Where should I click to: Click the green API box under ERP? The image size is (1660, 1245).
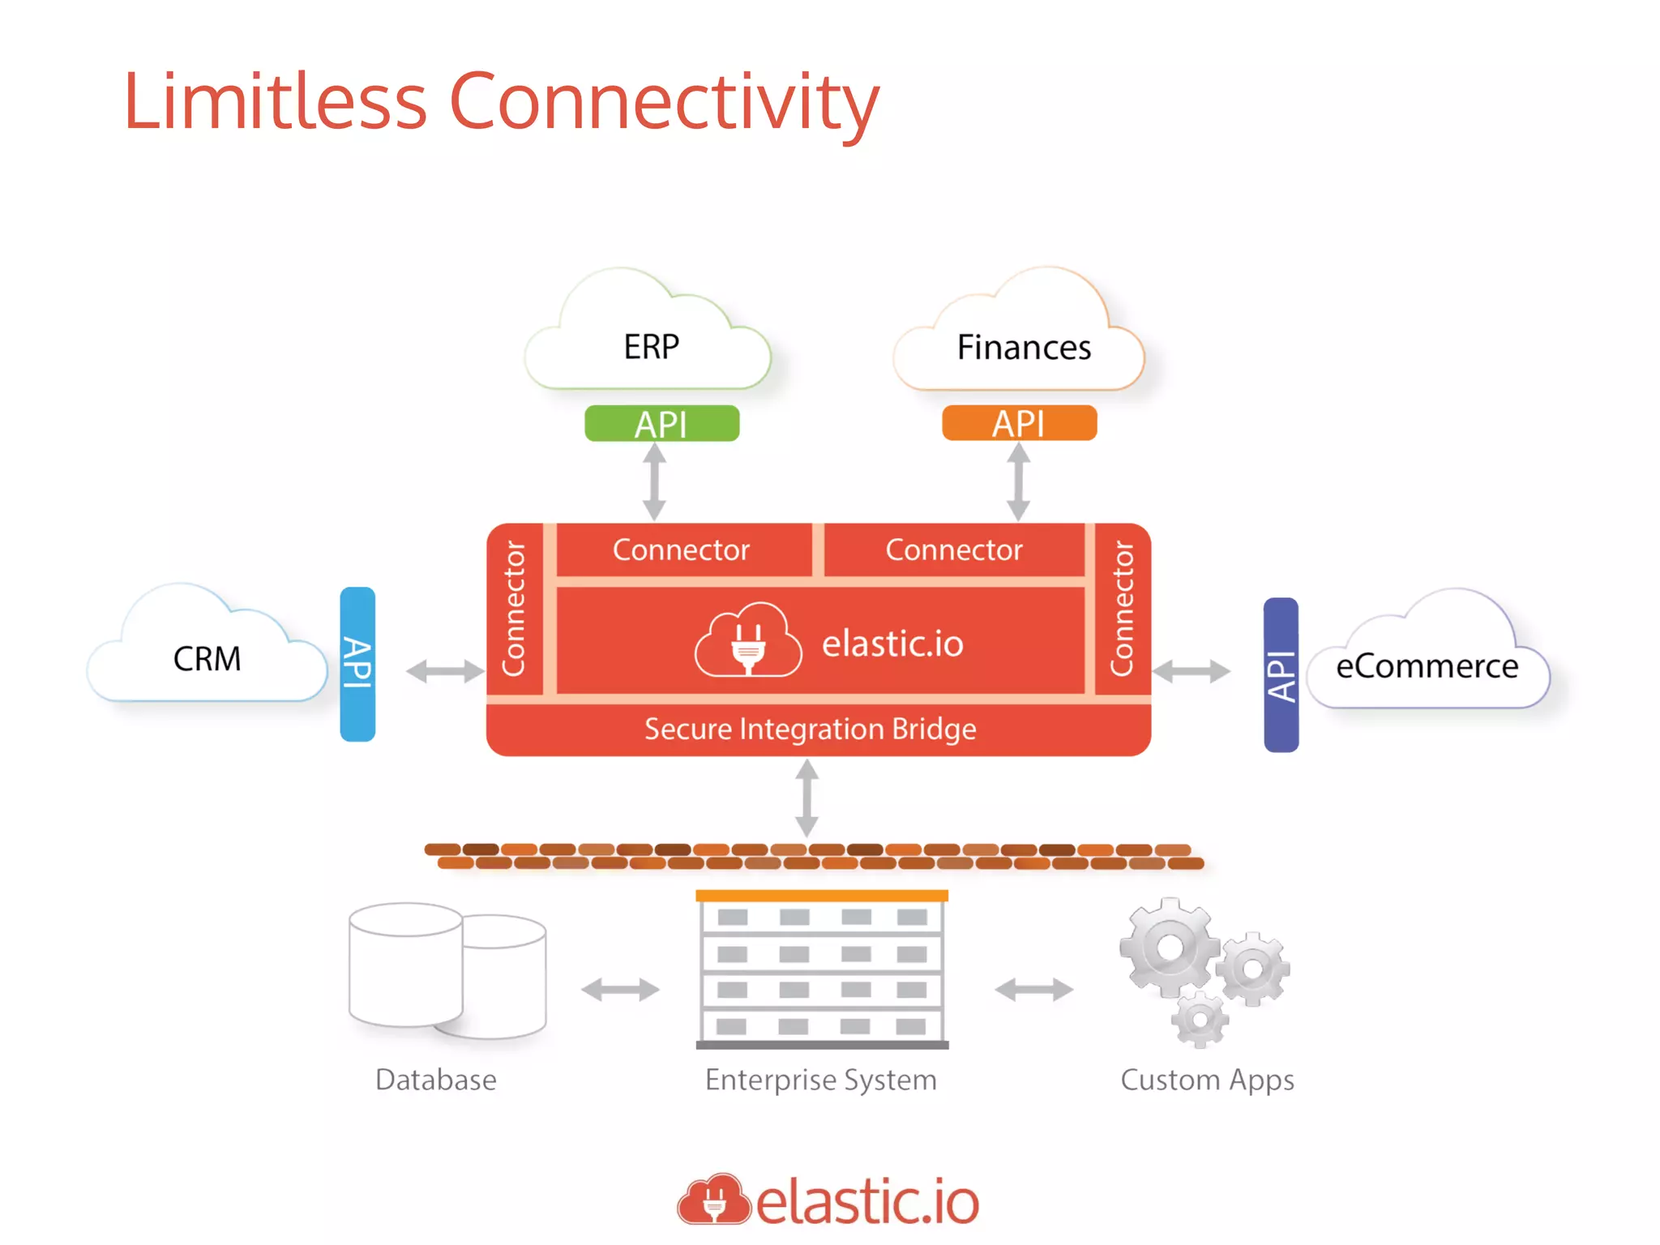pos(661,423)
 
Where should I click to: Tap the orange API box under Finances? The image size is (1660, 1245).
pos(1019,423)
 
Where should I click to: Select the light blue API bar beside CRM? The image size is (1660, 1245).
pos(357,664)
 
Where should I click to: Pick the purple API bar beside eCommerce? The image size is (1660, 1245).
pos(1281,674)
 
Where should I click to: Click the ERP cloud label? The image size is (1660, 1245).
pos(651,347)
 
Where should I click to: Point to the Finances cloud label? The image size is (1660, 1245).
pos(1024,348)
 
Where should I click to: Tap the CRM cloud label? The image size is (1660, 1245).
pos(207,659)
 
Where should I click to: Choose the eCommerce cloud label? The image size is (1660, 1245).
pos(1427,666)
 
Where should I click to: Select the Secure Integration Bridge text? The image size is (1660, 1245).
pos(810,729)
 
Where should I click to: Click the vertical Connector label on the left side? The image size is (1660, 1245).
pos(514,609)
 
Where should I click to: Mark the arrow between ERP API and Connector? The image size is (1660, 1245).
pos(654,482)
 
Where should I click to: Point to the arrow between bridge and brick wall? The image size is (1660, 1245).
pos(806,798)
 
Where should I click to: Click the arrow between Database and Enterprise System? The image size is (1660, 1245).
pos(620,989)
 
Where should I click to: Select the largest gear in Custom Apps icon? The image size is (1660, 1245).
pos(1168,947)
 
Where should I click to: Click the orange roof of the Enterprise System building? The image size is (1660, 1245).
pos(821,896)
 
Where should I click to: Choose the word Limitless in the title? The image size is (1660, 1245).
pos(275,102)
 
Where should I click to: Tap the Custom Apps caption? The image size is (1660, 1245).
pos(1206,1080)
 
